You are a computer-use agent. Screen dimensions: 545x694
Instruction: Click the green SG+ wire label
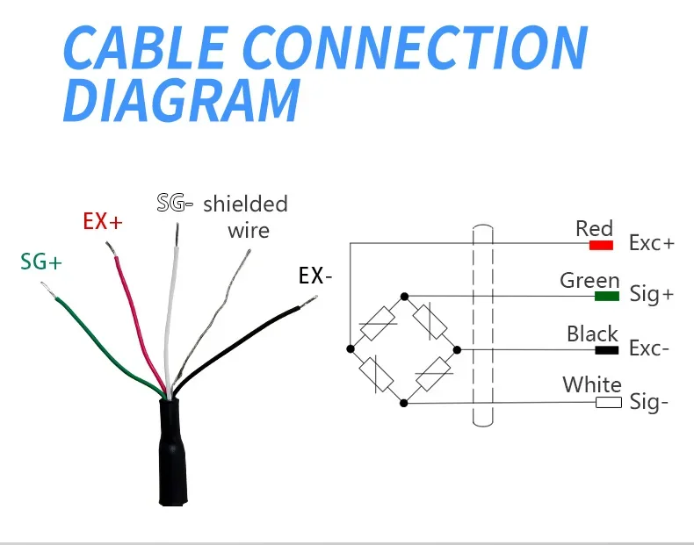pos(41,261)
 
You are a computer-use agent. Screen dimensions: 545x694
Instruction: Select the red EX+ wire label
pos(103,221)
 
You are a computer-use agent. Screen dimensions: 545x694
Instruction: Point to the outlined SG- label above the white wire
pos(175,204)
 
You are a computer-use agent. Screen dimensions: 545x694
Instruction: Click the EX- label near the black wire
pos(315,276)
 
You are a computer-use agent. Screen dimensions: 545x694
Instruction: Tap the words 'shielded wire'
pos(245,217)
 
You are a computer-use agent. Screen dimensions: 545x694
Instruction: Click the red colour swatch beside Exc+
pos(601,244)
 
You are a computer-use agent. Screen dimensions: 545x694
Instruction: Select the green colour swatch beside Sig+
pos(607,296)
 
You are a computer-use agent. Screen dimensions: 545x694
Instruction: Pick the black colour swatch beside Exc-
pos(607,349)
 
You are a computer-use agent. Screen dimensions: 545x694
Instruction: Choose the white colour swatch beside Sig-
pos(608,402)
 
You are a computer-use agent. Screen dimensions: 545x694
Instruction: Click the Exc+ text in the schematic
pos(651,243)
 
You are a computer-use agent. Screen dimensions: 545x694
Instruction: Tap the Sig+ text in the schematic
pos(651,295)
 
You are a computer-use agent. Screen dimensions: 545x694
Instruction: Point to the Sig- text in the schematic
pos(649,403)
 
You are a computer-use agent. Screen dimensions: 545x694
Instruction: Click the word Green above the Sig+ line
pos(589,280)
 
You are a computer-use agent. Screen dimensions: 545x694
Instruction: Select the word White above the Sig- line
pos(592,384)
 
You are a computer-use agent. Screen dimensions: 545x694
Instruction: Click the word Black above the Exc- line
pos(592,333)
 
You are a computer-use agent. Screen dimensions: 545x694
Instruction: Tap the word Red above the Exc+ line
pos(594,228)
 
